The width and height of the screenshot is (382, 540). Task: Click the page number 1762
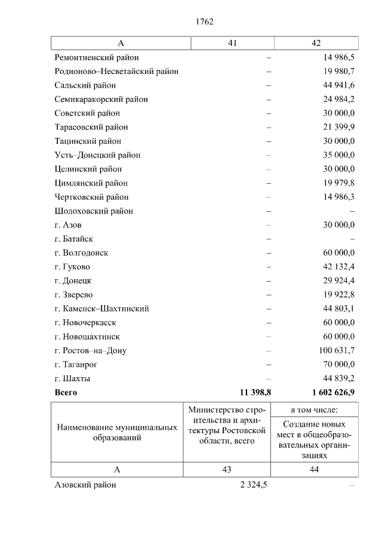tap(204, 21)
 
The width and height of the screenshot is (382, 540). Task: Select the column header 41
tap(232, 43)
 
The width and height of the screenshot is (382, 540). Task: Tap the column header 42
tap(316, 43)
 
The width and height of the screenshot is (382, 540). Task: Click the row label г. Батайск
tap(73, 239)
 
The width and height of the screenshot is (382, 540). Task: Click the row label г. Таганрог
tap(76, 365)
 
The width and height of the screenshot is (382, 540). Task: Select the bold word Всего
tap(66, 393)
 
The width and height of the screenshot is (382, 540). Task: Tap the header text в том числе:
tap(315, 410)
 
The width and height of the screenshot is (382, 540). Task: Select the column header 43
tap(226, 470)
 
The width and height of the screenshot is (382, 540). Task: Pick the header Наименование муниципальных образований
tap(117, 433)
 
